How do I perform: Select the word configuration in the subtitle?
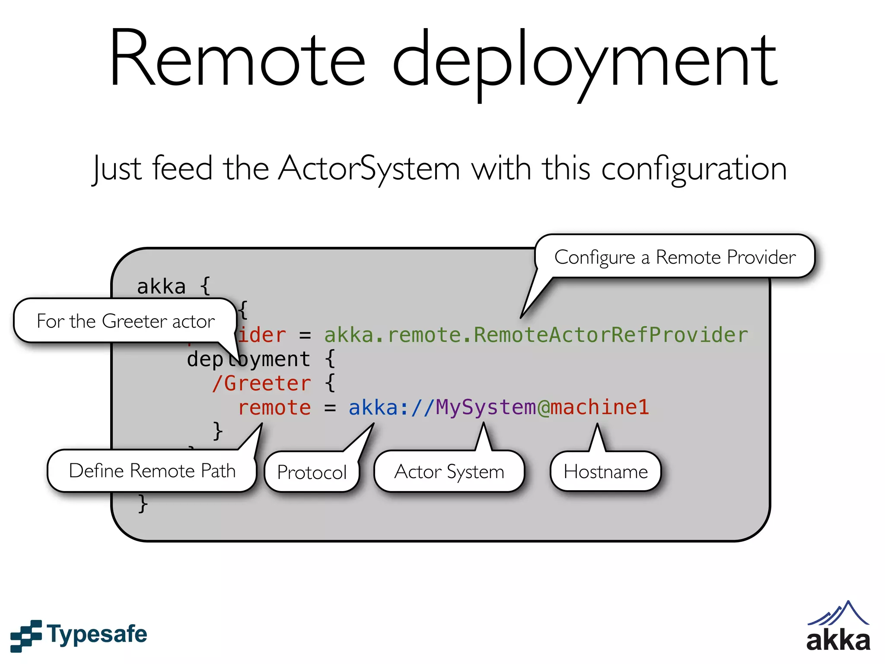click(694, 169)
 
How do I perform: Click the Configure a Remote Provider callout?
click(675, 257)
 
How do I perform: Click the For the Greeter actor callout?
click(125, 321)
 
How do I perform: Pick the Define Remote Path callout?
click(152, 471)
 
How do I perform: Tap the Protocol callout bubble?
click(312, 472)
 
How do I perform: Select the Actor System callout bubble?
click(449, 472)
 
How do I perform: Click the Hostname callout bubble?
click(605, 472)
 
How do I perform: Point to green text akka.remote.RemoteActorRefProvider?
click(536, 335)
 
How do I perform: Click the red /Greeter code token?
click(261, 383)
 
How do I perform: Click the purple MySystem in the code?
click(486, 408)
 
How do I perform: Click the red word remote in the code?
click(274, 408)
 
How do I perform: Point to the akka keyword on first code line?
click(161, 287)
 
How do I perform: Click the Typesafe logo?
click(79, 635)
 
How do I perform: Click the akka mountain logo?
click(838, 626)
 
